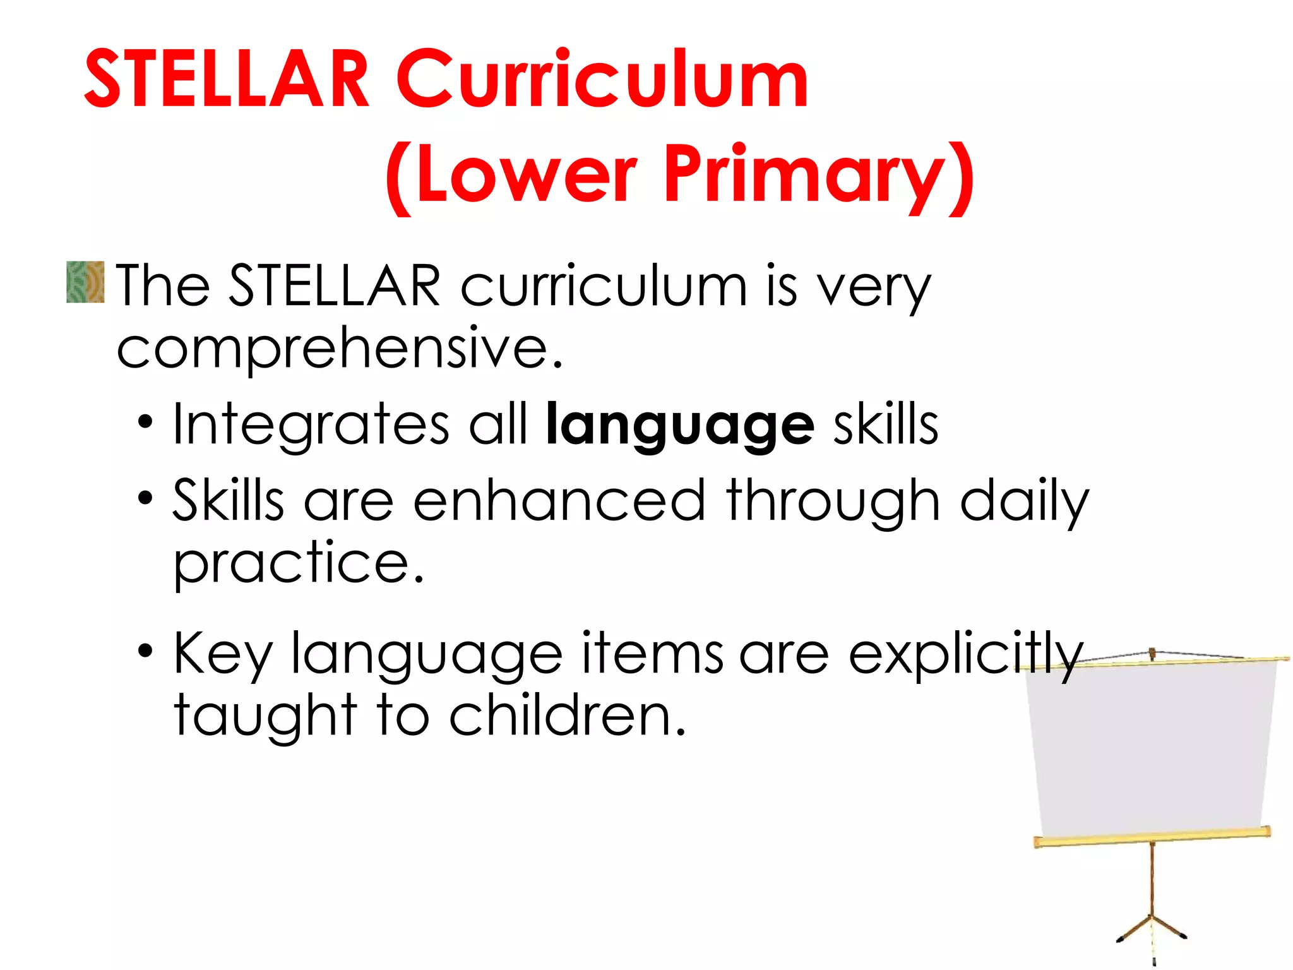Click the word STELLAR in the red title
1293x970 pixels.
click(226, 80)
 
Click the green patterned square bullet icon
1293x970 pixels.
click(85, 282)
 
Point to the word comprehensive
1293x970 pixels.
click(339, 349)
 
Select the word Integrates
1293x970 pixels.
click(311, 424)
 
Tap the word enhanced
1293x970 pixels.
click(559, 500)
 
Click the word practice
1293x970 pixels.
click(298, 563)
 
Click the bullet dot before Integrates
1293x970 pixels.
click(145, 422)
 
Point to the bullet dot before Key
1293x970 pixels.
click(145, 650)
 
